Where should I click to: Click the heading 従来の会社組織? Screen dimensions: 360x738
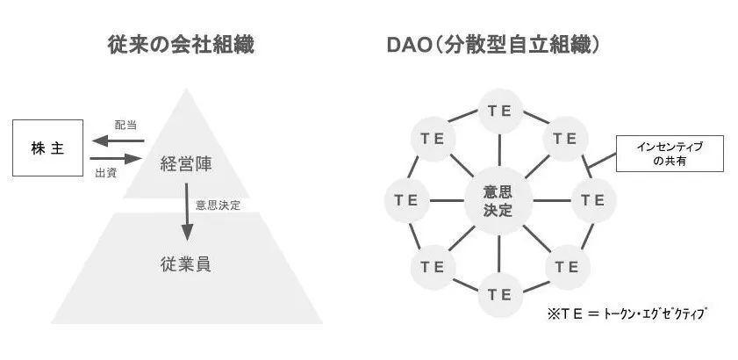[182, 44]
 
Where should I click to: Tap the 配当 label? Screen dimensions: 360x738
[126, 125]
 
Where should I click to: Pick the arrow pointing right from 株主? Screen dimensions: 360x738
[115, 159]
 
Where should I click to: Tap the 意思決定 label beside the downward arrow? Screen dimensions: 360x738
[219, 205]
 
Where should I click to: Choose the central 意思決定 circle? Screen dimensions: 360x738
[499, 201]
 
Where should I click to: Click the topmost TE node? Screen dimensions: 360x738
[500, 112]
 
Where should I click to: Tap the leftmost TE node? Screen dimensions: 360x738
[406, 200]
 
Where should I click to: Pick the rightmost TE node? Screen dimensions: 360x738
[594, 200]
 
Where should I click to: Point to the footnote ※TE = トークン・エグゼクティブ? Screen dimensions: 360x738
[626, 313]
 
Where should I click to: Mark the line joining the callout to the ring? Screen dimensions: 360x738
[602, 159]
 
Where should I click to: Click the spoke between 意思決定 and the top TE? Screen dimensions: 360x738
[499, 150]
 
